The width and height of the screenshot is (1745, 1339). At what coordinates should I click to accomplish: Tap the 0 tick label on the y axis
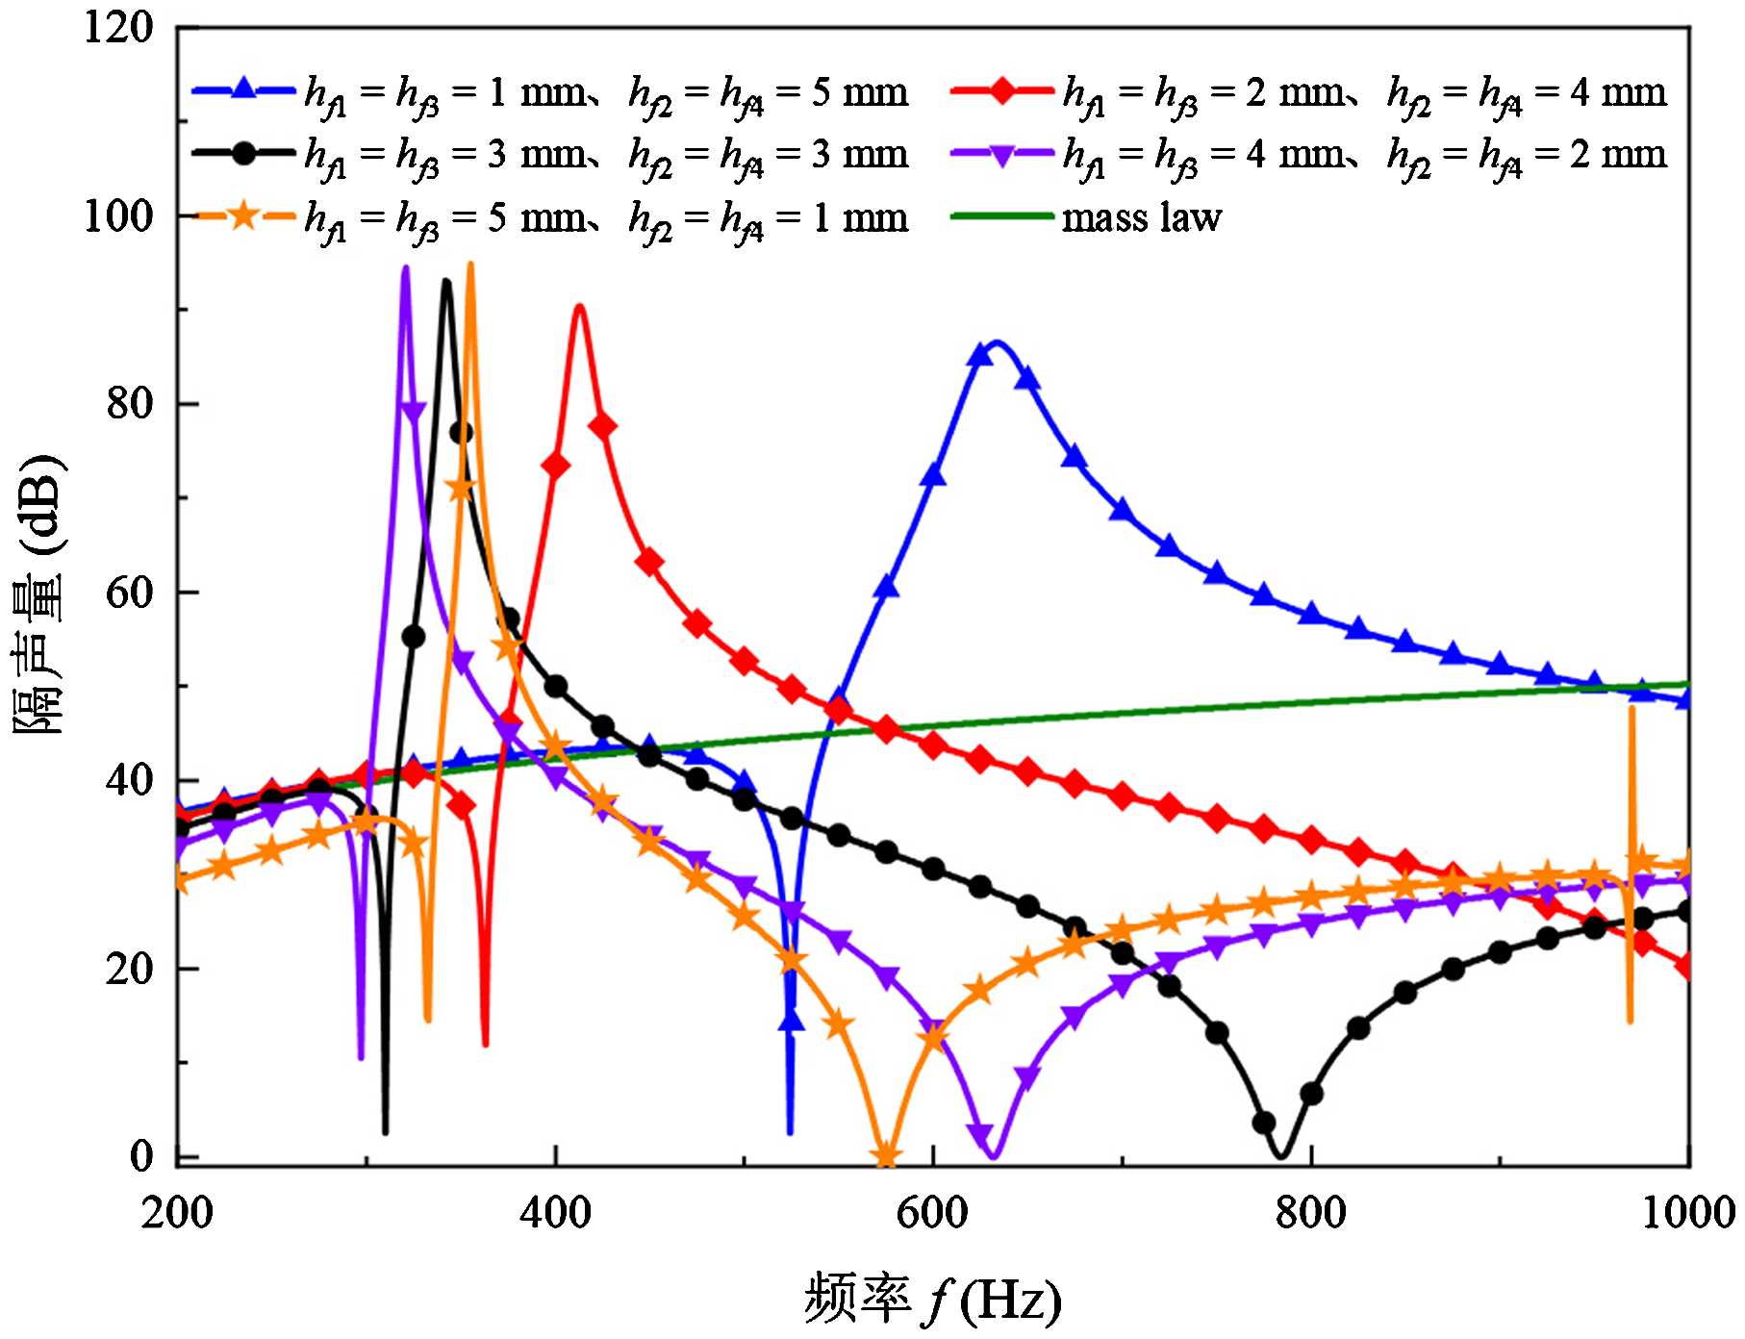tap(142, 1156)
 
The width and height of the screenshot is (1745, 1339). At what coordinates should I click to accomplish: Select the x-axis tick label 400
tap(555, 1214)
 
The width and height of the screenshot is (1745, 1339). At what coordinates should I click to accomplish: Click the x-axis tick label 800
tap(1311, 1214)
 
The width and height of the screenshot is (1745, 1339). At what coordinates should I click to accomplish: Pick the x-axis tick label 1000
tap(1683, 1214)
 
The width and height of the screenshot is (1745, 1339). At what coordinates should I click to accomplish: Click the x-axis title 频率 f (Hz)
tap(933, 1301)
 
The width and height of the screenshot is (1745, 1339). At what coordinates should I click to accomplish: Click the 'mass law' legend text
tap(1141, 218)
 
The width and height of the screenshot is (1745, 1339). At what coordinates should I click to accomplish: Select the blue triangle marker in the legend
tap(244, 89)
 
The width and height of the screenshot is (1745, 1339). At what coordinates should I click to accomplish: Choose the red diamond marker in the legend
tap(1002, 89)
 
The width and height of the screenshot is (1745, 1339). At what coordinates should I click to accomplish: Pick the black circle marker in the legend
tap(244, 153)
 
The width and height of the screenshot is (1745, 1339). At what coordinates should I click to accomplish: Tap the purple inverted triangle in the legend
tap(1002, 153)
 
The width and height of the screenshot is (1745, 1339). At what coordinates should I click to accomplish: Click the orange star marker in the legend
tap(244, 216)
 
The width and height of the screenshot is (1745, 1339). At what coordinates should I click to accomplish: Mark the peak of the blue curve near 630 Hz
tap(996, 341)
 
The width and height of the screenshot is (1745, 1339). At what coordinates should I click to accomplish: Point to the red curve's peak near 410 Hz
tap(579, 306)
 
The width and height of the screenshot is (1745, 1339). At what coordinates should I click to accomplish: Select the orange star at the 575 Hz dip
tap(886, 1155)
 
